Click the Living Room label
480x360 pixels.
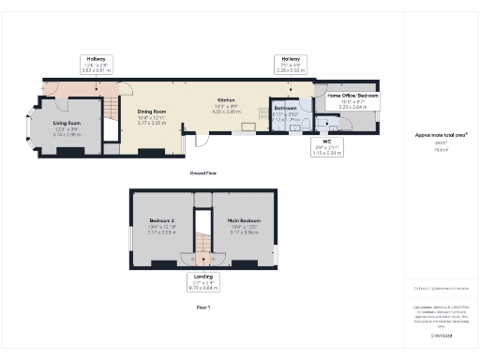pos(66,123)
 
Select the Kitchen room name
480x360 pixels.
pos(226,98)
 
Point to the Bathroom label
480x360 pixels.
pos(285,109)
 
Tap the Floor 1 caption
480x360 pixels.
pos(203,307)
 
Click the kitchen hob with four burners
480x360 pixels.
pos(263,116)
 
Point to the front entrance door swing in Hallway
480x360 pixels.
pos(52,88)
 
